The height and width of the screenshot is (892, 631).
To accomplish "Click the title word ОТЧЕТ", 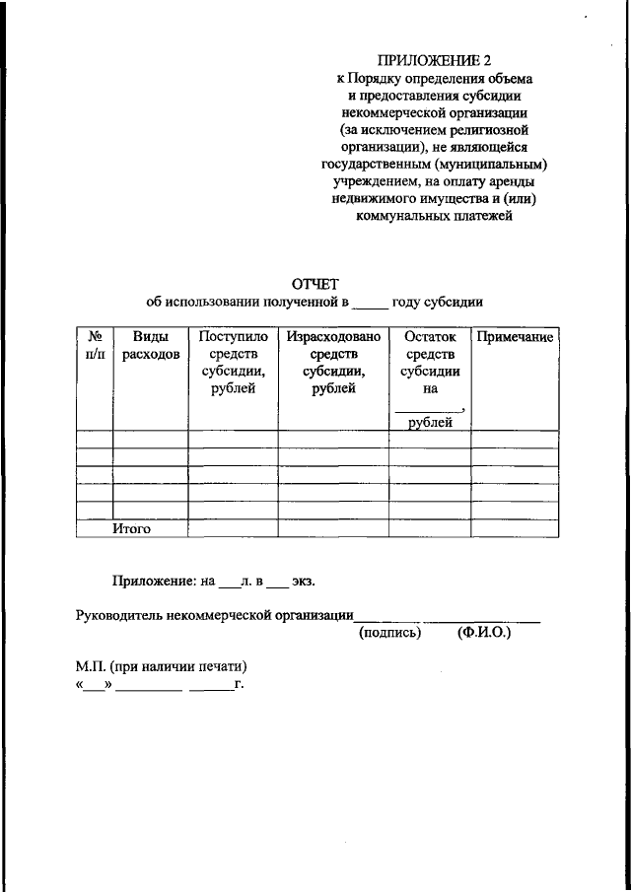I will [315, 284].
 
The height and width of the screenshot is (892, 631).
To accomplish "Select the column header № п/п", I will [95, 346].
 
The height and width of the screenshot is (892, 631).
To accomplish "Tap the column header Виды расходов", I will [150, 346].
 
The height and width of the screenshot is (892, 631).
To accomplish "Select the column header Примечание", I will [515, 338].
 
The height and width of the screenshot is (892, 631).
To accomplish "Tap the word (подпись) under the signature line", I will [389, 633].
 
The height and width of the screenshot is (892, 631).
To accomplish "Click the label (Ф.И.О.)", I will [485, 633].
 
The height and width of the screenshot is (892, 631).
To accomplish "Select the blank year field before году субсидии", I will [371, 303].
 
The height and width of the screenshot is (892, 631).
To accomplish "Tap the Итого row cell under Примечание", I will [515, 529].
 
